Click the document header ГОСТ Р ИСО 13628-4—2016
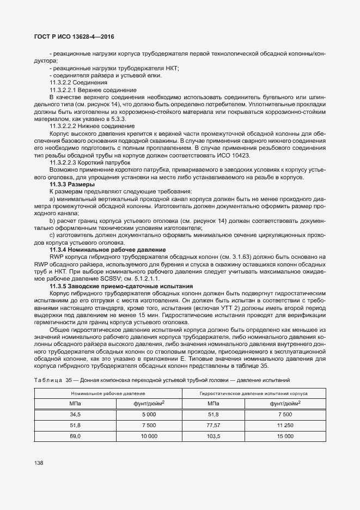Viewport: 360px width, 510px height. click(75, 38)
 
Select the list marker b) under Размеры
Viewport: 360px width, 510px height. click(52, 220)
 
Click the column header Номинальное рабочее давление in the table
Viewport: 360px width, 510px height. click(108, 393)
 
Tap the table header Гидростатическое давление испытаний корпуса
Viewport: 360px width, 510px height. click(254, 393)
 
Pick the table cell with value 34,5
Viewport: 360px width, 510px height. click(75, 415)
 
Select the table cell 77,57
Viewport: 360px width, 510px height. click(213, 426)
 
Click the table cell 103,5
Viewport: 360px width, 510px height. click(213, 436)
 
